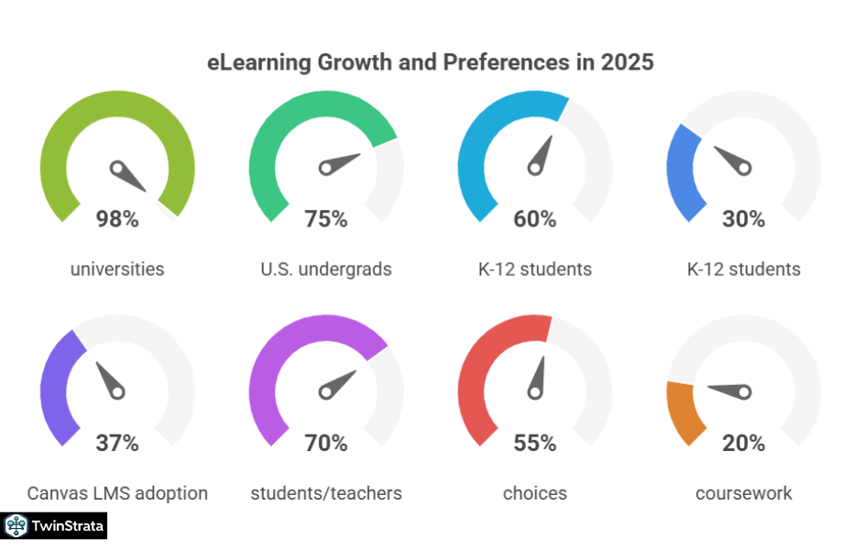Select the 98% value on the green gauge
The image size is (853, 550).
117,219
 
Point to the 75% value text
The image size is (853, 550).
326,219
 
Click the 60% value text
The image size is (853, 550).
535,219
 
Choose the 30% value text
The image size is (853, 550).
743,219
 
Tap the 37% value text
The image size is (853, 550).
117,444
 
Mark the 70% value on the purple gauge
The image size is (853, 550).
326,444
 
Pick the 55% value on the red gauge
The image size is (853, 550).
535,444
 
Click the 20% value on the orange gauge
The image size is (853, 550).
743,444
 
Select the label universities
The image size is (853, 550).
117,269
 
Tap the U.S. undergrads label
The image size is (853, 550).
326,269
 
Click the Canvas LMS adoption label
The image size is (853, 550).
117,493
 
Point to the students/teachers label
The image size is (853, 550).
326,493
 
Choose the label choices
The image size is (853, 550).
535,493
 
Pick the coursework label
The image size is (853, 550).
743,493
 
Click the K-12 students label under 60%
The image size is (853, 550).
535,269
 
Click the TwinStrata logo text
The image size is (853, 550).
68,526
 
